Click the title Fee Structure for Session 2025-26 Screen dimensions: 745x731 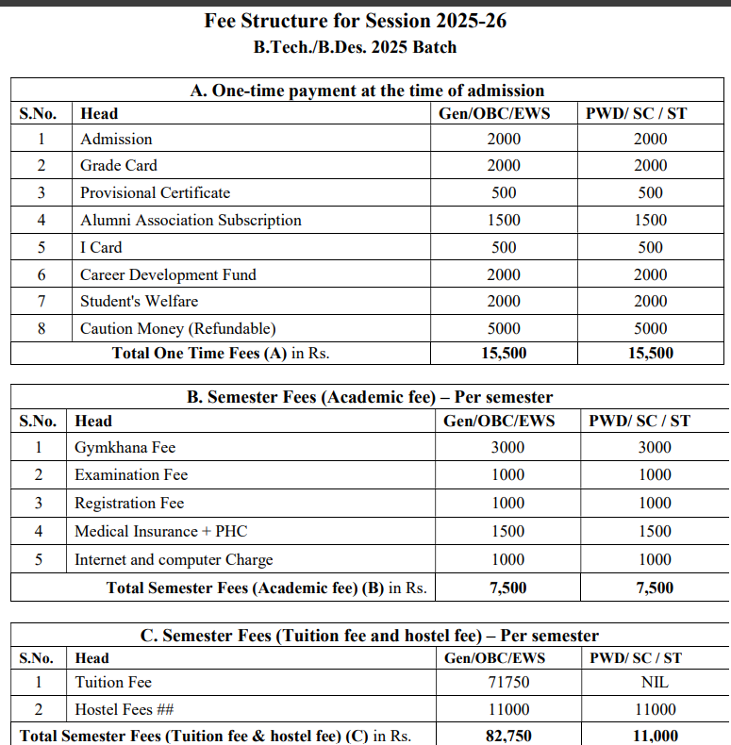coord(355,20)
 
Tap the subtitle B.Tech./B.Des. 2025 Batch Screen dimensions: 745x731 coord(355,46)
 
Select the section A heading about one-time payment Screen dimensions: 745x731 coord(367,91)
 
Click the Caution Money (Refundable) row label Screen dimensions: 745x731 coord(177,328)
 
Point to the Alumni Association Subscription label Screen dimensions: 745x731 coord(191,220)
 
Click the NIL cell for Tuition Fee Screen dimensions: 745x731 coord(655,682)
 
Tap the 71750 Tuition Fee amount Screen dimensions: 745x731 coord(507,682)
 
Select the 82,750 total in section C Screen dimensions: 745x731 coord(508,736)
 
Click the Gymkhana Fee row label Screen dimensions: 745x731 coord(125,447)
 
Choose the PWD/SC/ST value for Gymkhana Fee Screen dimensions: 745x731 coord(655,447)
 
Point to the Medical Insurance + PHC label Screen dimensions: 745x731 coord(160,531)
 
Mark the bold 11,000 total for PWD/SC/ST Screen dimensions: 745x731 coord(655,736)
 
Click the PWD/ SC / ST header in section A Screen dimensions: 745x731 coord(637,113)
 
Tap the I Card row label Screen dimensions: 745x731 coord(101,247)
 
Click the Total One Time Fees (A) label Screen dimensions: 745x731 coord(220,354)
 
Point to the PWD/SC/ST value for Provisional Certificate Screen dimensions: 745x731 coord(650,192)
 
